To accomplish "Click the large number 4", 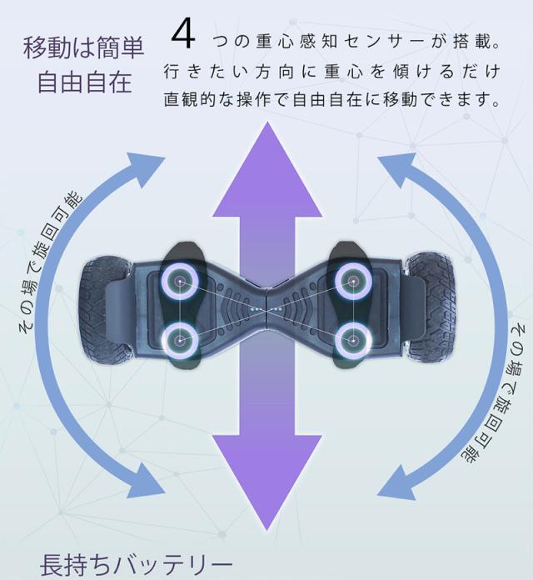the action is [x=183, y=35].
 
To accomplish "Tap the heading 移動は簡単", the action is [x=83, y=48].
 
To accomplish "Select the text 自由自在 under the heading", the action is [x=85, y=82].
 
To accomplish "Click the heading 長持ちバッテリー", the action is [x=136, y=565].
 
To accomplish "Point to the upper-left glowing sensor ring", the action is [x=180, y=282].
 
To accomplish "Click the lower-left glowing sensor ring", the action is [x=180, y=340].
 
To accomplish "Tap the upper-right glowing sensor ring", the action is [x=353, y=282].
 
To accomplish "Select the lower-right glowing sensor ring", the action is [x=353, y=340].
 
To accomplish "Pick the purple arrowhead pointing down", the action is [x=266, y=481].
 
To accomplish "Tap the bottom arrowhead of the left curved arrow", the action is [x=145, y=482].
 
